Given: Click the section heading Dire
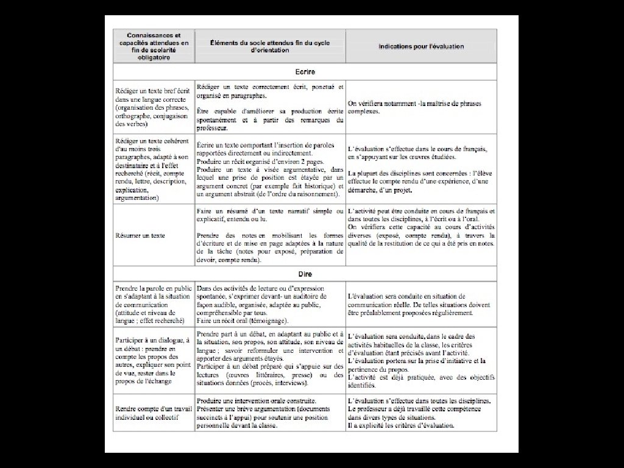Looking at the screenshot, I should pos(305,274).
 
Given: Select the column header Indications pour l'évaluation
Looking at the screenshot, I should pos(421,46).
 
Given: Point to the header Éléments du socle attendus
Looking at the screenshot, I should pos(270,46).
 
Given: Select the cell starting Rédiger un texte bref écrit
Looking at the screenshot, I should pos(153,107).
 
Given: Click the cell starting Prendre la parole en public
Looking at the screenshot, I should pos(153,303).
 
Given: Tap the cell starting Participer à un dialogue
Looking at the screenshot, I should pos(153,360).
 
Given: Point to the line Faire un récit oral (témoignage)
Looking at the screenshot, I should pos(243,321).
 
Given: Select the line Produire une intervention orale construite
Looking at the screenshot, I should pos(256,400).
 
